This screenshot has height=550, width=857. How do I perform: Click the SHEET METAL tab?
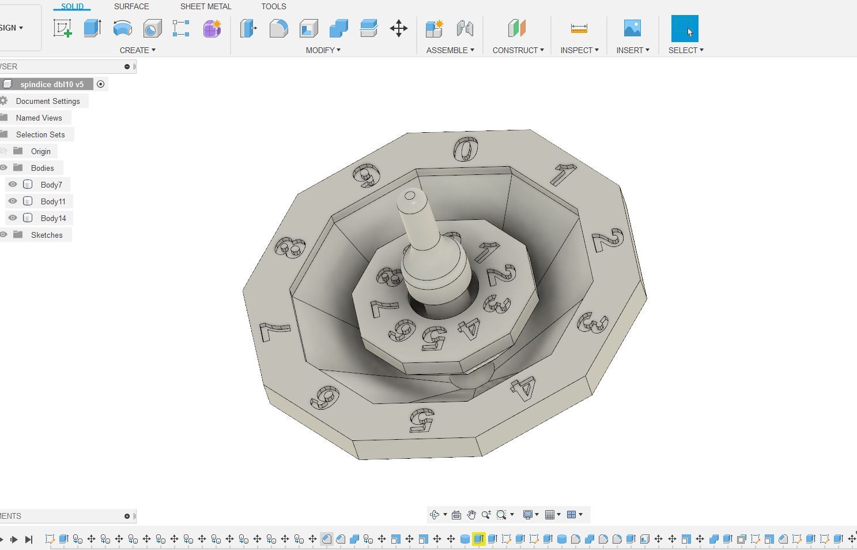pos(205,6)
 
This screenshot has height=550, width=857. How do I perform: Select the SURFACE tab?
pos(131,6)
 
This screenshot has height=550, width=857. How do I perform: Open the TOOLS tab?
pos(273,6)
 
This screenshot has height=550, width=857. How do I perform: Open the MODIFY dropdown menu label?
pos(323,50)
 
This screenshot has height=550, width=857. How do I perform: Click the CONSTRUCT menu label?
pos(518,50)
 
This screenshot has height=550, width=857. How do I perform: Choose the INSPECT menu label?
pos(579,50)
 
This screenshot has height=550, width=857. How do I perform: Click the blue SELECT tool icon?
pos(684,28)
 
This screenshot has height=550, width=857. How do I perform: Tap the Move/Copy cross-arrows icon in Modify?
pos(398,28)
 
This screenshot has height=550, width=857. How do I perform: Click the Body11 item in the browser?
pos(53,201)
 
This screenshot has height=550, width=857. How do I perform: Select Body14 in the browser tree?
pos(53,218)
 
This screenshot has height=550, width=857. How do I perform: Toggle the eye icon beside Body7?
pos(13,185)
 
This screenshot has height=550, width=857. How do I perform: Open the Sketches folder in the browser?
pos(47,235)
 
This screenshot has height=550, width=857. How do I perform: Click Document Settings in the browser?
pos(48,101)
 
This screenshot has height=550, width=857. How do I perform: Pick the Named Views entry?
pos(39,118)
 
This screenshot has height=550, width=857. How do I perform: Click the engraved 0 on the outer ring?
pos(466,149)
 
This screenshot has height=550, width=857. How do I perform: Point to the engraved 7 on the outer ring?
pos(275,331)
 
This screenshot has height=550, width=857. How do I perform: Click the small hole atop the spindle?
pos(410,196)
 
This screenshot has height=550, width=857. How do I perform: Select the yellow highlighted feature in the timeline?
pos(478,539)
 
